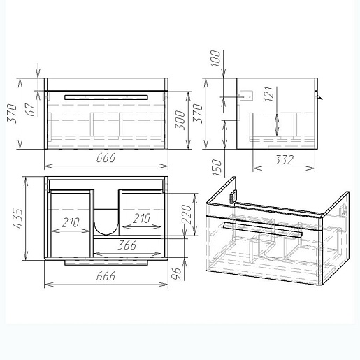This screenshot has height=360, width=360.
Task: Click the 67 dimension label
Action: pyautogui.click(x=31, y=109)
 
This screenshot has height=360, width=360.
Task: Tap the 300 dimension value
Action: pyautogui.click(x=180, y=120)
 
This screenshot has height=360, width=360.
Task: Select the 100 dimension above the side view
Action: pyautogui.click(x=215, y=58)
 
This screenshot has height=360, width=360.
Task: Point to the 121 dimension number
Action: pyautogui.click(x=269, y=94)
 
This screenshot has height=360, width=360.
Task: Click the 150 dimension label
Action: pyautogui.click(x=217, y=168)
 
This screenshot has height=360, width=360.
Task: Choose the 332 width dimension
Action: pyautogui.click(x=284, y=160)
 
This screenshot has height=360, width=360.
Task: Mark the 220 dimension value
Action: pyautogui.click(x=187, y=215)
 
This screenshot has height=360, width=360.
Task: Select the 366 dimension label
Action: pyautogui.click(x=127, y=245)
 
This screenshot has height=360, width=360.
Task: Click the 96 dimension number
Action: pyautogui.click(x=177, y=273)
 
